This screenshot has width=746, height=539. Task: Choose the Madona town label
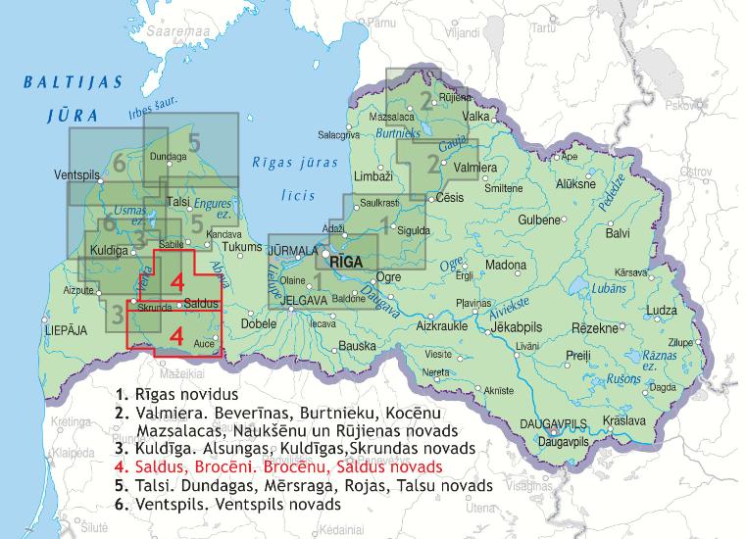click(506, 266)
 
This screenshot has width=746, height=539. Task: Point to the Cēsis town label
click(450, 197)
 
